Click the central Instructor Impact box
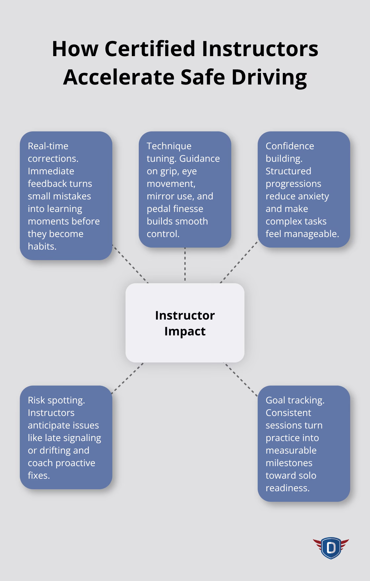click(185, 323)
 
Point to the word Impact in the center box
click(185, 331)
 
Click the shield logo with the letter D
click(331, 548)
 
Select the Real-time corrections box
click(66, 196)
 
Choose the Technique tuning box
click(185, 189)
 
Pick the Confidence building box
click(304, 189)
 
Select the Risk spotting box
click(66, 437)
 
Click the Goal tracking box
click(304, 444)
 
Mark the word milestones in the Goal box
click(289, 463)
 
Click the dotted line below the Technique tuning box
click(185, 265)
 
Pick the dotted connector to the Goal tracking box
click(240, 379)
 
